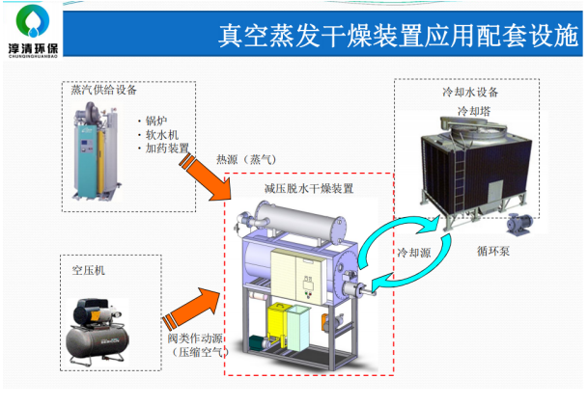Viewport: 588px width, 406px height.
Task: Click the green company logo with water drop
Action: point(33,21)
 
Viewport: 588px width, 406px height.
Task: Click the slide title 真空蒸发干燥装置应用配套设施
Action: point(398,36)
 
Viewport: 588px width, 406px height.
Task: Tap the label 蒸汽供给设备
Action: point(104,90)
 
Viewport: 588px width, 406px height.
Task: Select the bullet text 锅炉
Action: point(156,121)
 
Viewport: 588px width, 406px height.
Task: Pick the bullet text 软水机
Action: point(162,134)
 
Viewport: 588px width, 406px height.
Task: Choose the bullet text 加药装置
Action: point(167,148)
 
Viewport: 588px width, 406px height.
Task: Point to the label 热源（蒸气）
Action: point(246,160)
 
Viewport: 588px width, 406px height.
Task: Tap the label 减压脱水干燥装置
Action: point(309,188)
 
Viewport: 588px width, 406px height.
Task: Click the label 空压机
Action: point(89,270)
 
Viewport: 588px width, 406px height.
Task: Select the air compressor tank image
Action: point(97,332)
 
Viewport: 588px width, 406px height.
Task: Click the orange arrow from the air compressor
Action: point(191,307)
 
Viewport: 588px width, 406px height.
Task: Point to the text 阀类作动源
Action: point(195,338)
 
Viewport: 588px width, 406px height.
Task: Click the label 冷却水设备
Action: point(470,93)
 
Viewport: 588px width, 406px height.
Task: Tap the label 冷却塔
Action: point(474,111)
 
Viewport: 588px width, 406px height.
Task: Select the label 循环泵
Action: point(493,251)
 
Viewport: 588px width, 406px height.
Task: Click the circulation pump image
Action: point(519,224)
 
